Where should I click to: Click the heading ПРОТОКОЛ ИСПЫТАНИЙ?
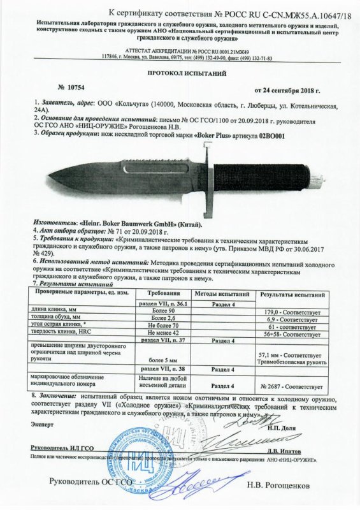180,73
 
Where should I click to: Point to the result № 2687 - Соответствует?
292,386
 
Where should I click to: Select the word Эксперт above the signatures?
27,423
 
